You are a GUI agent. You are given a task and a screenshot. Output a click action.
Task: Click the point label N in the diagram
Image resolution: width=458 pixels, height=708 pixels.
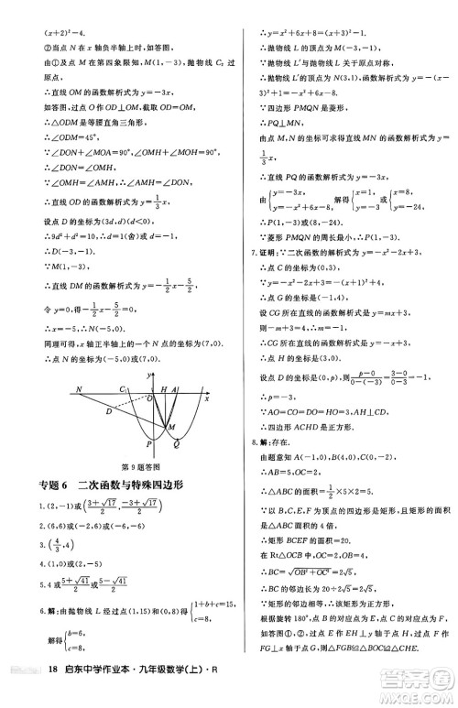(x=54, y=364)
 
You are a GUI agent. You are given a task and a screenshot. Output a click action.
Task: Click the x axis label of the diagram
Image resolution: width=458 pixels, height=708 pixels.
(x=206, y=374)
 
